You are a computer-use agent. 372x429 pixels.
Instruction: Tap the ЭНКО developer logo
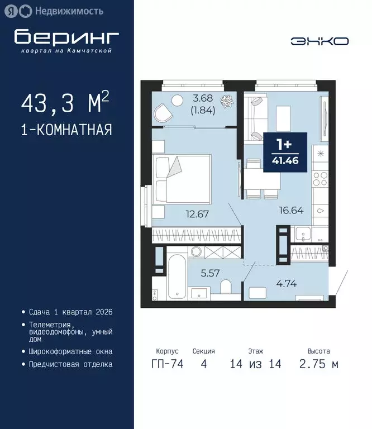(319, 41)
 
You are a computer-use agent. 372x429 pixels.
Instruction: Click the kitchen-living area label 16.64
(290, 211)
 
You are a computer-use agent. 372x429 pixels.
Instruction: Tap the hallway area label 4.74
(285, 283)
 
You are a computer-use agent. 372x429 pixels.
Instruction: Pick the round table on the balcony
(177, 101)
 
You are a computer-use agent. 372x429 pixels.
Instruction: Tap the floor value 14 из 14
(255, 364)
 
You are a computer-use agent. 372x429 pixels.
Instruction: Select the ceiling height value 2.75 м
(318, 364)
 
